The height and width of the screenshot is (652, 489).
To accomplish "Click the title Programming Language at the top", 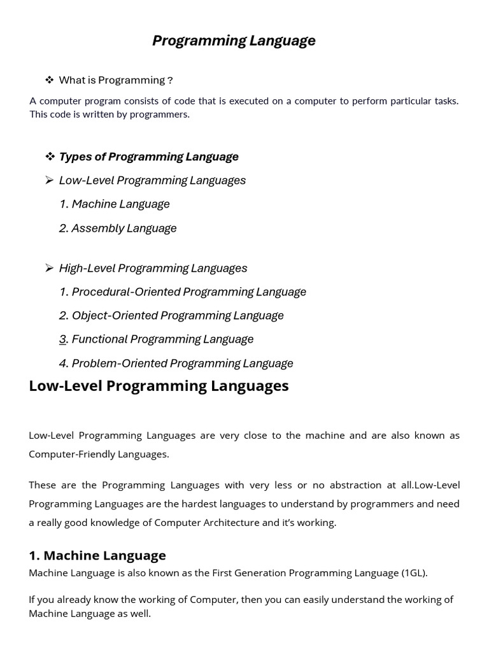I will [x=234, y=41].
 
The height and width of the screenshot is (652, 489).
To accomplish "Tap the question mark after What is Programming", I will [x=169, y=80].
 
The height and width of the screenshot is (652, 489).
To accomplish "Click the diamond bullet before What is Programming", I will [x=49, y=80].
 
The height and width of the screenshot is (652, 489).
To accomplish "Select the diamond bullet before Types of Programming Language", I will [x=50, y=156].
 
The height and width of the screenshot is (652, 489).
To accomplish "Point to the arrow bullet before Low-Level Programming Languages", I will [x=49, y=180].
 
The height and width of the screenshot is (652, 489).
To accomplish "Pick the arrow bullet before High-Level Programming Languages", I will [x=49, y=268].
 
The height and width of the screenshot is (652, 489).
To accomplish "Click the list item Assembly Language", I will [x=124, y=228].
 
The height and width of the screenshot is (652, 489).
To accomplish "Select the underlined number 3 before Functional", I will [x=63, y=339].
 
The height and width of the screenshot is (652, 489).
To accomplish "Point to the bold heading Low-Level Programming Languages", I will [x=159, y=386].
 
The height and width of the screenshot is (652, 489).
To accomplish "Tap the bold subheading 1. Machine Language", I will [x=97, y=555].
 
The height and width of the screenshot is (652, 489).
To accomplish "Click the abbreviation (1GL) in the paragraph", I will [x=414, y=573].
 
